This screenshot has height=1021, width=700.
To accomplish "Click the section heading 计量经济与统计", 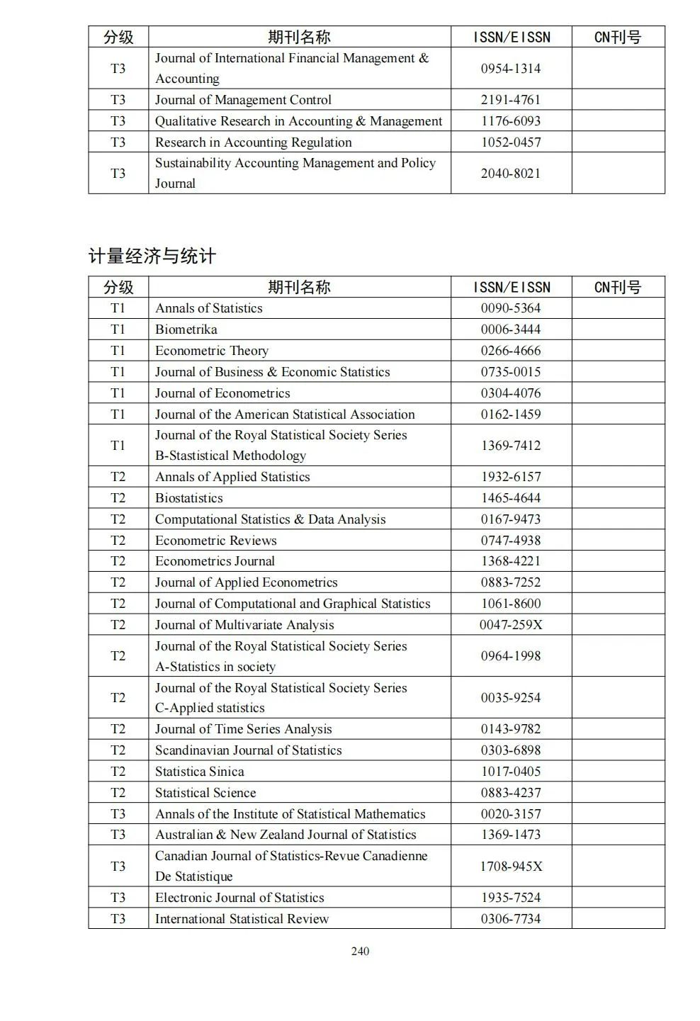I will click(x=152, y=256).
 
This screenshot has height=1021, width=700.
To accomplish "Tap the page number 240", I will click(x=360, y=951).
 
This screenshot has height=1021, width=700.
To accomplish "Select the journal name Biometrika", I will click(x=186, y=329).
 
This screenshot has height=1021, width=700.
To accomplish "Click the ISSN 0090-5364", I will click(x=510, y=308).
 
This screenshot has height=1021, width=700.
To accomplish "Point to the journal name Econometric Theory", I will click(x=212, y=351).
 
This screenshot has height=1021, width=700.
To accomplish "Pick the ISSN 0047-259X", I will click(x=510, y=625).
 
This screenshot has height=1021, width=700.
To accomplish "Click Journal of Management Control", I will click(x=243, y=100).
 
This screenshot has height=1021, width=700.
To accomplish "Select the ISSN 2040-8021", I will click(x=510, y=173).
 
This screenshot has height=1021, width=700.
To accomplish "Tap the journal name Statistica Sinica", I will click(x=199, y=772).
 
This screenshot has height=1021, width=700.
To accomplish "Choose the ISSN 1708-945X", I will click(x=510, y=866).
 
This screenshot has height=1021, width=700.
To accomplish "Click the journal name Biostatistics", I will click(x=189, y=498).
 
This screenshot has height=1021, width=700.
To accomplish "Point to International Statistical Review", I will click(x=242, y=919).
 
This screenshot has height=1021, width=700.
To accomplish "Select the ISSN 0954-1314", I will click(x=510, y=69).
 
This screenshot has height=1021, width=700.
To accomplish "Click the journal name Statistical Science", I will click(x=205, y=793).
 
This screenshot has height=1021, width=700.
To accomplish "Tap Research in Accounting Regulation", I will click(x=254, y=142).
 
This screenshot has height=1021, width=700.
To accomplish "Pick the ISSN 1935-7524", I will click(x=510, y=898).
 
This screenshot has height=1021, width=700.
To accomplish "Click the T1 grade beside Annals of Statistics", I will click(x=118, y=308).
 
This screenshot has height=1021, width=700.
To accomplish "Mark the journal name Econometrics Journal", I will click(x=215, y=561).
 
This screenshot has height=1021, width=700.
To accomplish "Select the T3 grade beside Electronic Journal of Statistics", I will click(x=118, y=898).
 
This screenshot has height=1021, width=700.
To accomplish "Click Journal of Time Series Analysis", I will click(x=243, y=729).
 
